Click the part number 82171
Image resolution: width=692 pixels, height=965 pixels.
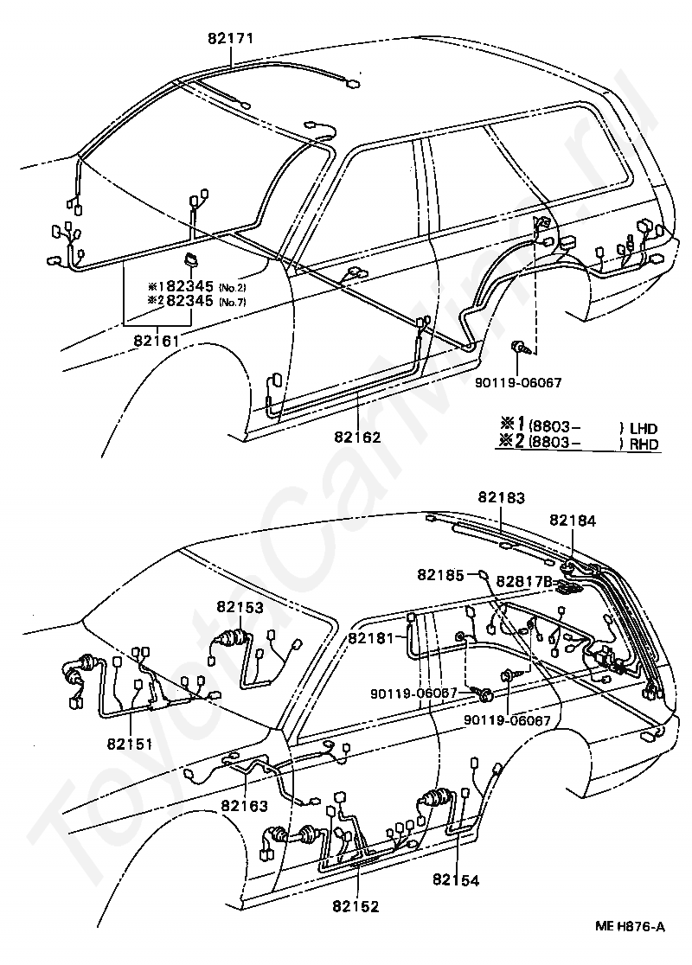coord(230,38)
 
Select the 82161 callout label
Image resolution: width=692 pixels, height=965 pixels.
coord(157,340)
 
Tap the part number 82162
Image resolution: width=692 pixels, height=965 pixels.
coord(358,437)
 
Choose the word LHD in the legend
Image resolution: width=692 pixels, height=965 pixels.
coord(644,428)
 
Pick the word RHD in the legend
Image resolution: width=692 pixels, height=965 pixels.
coord(644,444)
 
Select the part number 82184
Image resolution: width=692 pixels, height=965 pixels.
coord(573,521)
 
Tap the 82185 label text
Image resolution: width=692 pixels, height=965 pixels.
coord(440,574)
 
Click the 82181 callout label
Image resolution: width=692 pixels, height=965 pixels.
coord(371,638)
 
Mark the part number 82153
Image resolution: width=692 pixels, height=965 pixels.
coord(240,607)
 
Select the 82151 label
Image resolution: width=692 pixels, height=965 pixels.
coord(130,744)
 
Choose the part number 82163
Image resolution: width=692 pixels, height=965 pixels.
coord(245,805)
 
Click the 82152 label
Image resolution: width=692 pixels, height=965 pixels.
coord(356,906)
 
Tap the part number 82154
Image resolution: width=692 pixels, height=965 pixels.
coord(456,880)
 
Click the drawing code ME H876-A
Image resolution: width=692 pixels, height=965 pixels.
coord(630,928)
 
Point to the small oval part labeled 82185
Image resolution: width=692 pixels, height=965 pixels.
coord(484,575)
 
